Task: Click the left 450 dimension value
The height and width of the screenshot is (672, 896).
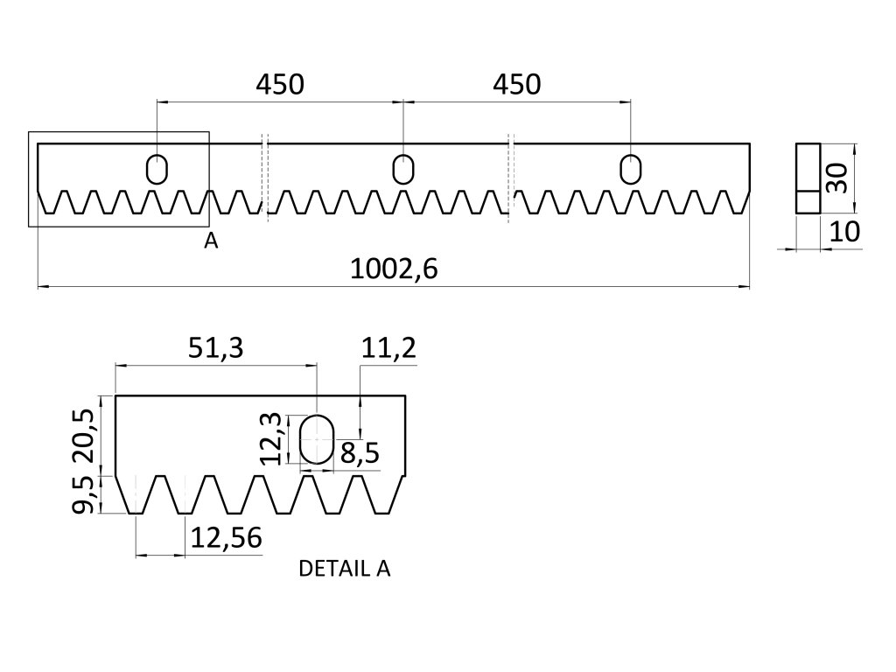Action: pyautogui.click(x=279, y=85)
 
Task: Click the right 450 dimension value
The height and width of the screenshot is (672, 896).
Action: pyautogui.click(x=516, y=85)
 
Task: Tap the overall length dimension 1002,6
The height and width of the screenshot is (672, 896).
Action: pyautogui.click(x=393, y=269)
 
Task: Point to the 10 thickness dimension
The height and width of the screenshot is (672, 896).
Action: pyautogui.click(x=842, y=232)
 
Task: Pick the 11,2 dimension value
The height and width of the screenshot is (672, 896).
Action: pyautogui.click(x=388, y=348)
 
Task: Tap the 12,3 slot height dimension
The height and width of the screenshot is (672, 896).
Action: pyautogui.click(x=273, y=437)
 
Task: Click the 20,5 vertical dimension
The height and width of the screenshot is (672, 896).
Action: pyautogui.click(x=83, y=435)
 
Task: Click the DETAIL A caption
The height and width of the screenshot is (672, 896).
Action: pyautogui.click(x=345, y=569)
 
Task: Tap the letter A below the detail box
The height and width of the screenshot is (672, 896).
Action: pyautogui.click(x=210, y=241)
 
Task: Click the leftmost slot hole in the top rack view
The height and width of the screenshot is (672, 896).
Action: pyautogui.click(x=157, y=168)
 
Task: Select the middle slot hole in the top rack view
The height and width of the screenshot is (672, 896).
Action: pyautogui.click(x=402, y=168)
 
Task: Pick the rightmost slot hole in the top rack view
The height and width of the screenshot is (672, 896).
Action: pyautogui.click(x=630, y=168)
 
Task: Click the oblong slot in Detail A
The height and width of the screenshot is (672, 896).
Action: pyautogui.click(x=316, y=439)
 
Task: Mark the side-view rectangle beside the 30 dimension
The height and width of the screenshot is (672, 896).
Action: pyautogui.click(x=807, y=178)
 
